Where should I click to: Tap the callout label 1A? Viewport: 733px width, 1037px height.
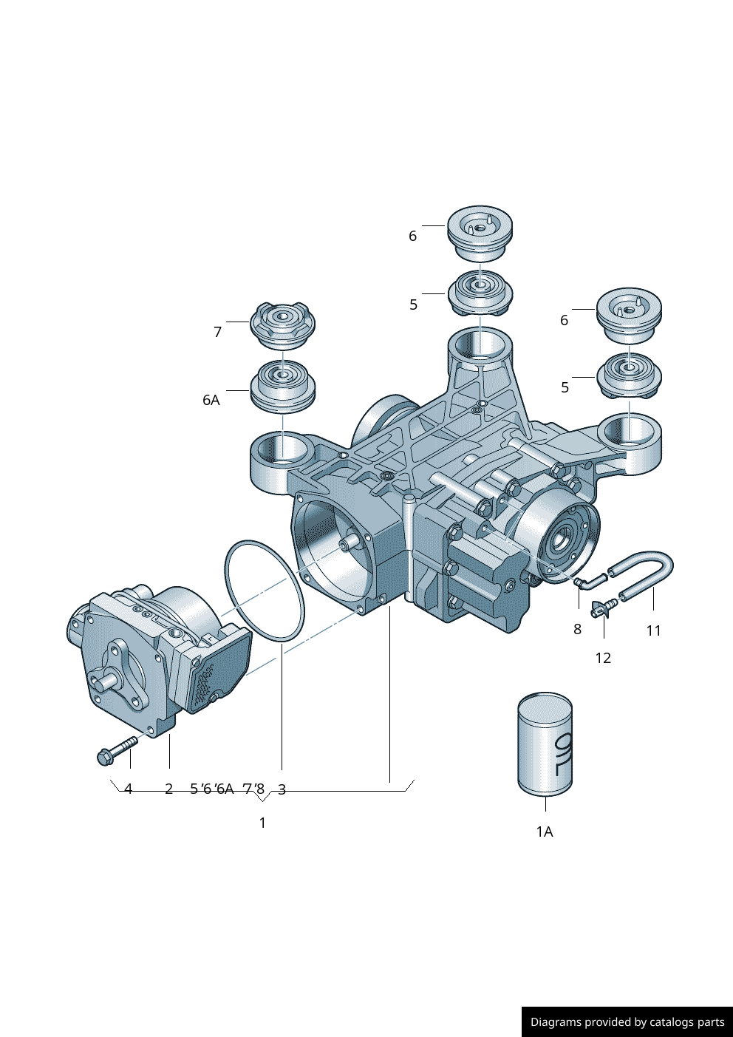point(545,832)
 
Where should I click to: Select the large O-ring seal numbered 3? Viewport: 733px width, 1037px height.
point(264,591)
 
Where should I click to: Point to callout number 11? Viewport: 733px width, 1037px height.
point(653,630)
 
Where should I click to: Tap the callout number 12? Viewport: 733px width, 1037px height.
point(603,658)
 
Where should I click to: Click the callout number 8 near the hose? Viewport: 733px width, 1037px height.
point(577,629)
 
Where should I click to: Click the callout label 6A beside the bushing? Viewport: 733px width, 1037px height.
point(211,400)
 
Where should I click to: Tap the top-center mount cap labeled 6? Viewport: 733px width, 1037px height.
point(480,232)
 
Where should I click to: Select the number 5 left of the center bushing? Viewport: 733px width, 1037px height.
point(414,305)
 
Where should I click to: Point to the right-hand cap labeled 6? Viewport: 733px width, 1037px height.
point(629,313)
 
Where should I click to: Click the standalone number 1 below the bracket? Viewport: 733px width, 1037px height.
point(262,823)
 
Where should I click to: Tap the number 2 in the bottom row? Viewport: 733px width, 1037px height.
point(168,789)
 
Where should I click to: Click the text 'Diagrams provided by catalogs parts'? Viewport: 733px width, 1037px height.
point(627,1022)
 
